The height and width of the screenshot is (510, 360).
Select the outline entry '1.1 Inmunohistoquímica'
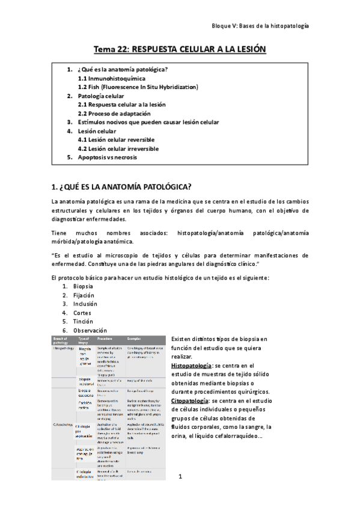coord(111,78)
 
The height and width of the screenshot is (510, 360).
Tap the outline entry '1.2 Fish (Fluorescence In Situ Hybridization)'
coord(138,87)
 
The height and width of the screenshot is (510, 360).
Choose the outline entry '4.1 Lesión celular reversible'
coord(116,140)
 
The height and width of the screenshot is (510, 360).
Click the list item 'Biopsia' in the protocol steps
coord(83,286)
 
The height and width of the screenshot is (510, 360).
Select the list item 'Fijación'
coord(83,295)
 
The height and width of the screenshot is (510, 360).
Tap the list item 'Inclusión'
coord(84,304)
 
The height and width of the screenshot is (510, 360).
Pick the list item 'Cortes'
coord(82,313)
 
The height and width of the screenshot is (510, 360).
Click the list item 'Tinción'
coord(83,321)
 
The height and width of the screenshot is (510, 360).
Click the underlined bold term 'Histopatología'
coord(191,365)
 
